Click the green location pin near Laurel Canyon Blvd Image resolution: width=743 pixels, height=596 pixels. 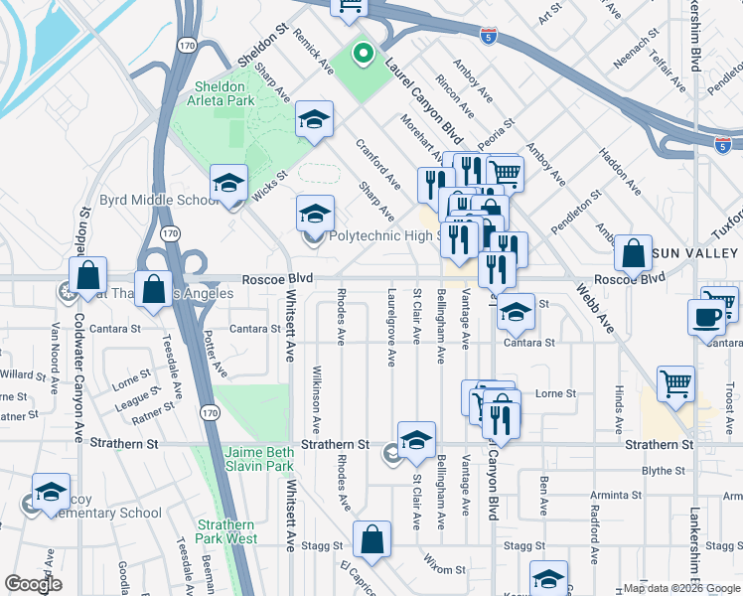363,56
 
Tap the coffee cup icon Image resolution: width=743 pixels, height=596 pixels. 706,317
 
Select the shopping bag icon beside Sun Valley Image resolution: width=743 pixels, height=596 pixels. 633,254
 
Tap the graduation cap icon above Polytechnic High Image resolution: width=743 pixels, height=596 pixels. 315,214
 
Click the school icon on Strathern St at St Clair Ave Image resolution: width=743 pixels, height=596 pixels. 416,441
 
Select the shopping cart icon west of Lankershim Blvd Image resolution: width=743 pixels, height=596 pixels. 675,382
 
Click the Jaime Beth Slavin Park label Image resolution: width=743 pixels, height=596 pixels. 254,456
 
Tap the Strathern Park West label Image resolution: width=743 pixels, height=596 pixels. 226,531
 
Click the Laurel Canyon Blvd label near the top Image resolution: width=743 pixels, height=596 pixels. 432,106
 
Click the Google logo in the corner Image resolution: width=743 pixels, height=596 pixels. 33,585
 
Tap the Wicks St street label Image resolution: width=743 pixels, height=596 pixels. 268,184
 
